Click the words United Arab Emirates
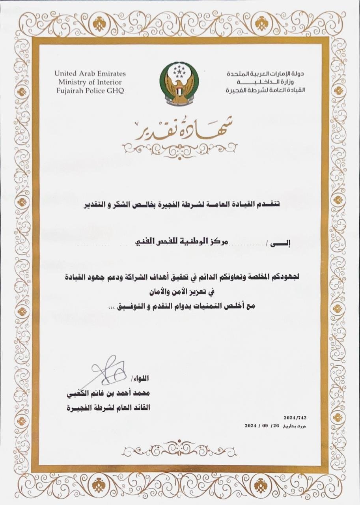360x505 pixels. pos(90,73)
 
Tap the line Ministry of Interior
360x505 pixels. pos(90,82)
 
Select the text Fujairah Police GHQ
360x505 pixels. pos(90,91)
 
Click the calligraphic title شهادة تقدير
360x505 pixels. pos(179,128)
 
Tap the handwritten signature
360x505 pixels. pos(108,370)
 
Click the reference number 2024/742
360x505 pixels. pos(295,417)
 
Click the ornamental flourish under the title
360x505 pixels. pos(179,148)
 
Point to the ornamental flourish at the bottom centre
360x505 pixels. pos(179,449)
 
